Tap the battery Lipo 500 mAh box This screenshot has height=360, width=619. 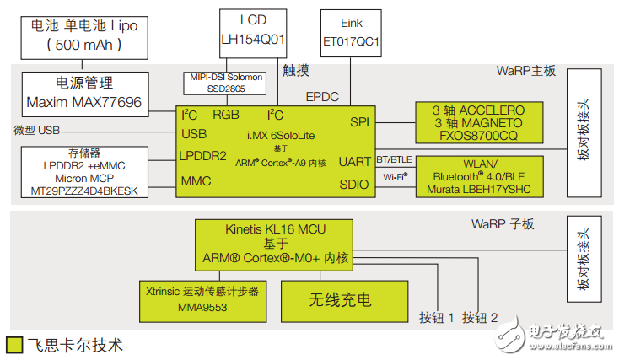point(83,35)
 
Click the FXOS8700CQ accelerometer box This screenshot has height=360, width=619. point(477,122)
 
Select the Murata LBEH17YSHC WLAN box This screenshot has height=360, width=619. point(477,176)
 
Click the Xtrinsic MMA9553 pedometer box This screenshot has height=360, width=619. point(200,298)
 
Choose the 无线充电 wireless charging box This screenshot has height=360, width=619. point(340,299)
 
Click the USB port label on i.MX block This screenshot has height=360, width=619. point(194,134)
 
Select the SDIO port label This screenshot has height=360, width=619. point(353,184)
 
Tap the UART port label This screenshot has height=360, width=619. point(353,161)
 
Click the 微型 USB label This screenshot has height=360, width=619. point(36,131)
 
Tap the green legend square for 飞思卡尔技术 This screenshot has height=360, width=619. point(13,345)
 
